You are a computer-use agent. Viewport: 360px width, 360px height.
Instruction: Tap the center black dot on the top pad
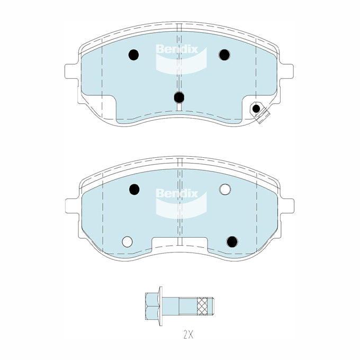179,97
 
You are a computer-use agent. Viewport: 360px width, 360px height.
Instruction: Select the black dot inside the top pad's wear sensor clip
256,109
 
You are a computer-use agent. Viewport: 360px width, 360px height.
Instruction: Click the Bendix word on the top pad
176,49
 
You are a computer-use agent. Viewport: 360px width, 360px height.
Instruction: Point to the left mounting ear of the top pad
71,71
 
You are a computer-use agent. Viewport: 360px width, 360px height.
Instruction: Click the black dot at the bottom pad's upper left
134,188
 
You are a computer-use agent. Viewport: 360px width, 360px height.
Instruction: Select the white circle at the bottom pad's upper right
224,188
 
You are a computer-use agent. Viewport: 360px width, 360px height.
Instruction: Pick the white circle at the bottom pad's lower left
127,241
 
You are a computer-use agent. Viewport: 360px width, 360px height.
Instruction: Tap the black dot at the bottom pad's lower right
231,241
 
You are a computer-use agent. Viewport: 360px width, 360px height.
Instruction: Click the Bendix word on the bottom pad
176,193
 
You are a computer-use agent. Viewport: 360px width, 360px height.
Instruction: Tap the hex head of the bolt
151,306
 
